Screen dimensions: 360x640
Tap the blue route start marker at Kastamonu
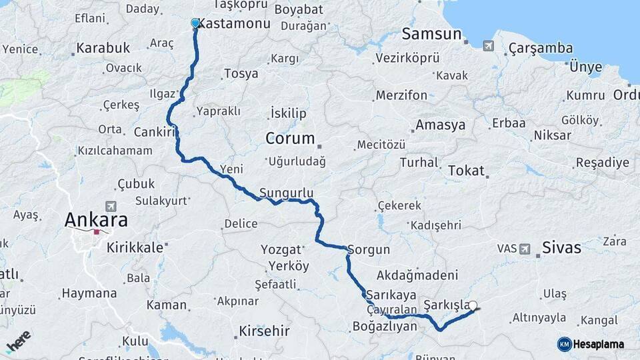195,24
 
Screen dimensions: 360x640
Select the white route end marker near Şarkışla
473,306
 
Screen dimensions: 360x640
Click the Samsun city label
432,34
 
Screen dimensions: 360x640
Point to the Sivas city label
562,248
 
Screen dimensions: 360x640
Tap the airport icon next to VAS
525,249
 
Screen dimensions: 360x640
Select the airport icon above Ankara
110,207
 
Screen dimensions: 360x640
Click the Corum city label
290,139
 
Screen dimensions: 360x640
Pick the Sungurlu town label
287,193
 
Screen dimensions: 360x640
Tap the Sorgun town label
368,251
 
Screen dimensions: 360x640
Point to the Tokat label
466,170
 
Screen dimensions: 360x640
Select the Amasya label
440,125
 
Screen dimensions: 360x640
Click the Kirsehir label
265,331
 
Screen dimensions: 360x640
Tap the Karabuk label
103,48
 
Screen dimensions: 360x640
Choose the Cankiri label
154,132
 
